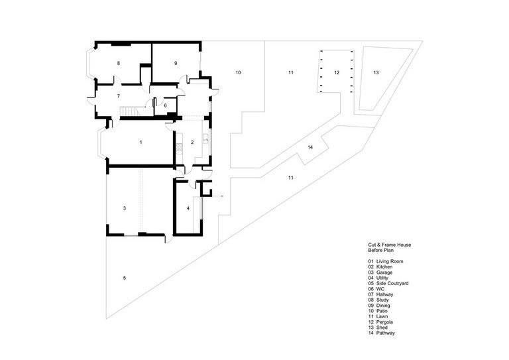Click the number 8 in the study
pyautogui.click(x=119, y=64)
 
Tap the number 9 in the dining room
pyautogui.click(x=176, y=64)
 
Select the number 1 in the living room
pyautogui.click(x=141, y=143)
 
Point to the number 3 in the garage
pyautogui.click(x=125, y=209)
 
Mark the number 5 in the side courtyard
pyautogui.click(x=165, y=105)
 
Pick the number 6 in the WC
pyautogui.click(x=119, y=97)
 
